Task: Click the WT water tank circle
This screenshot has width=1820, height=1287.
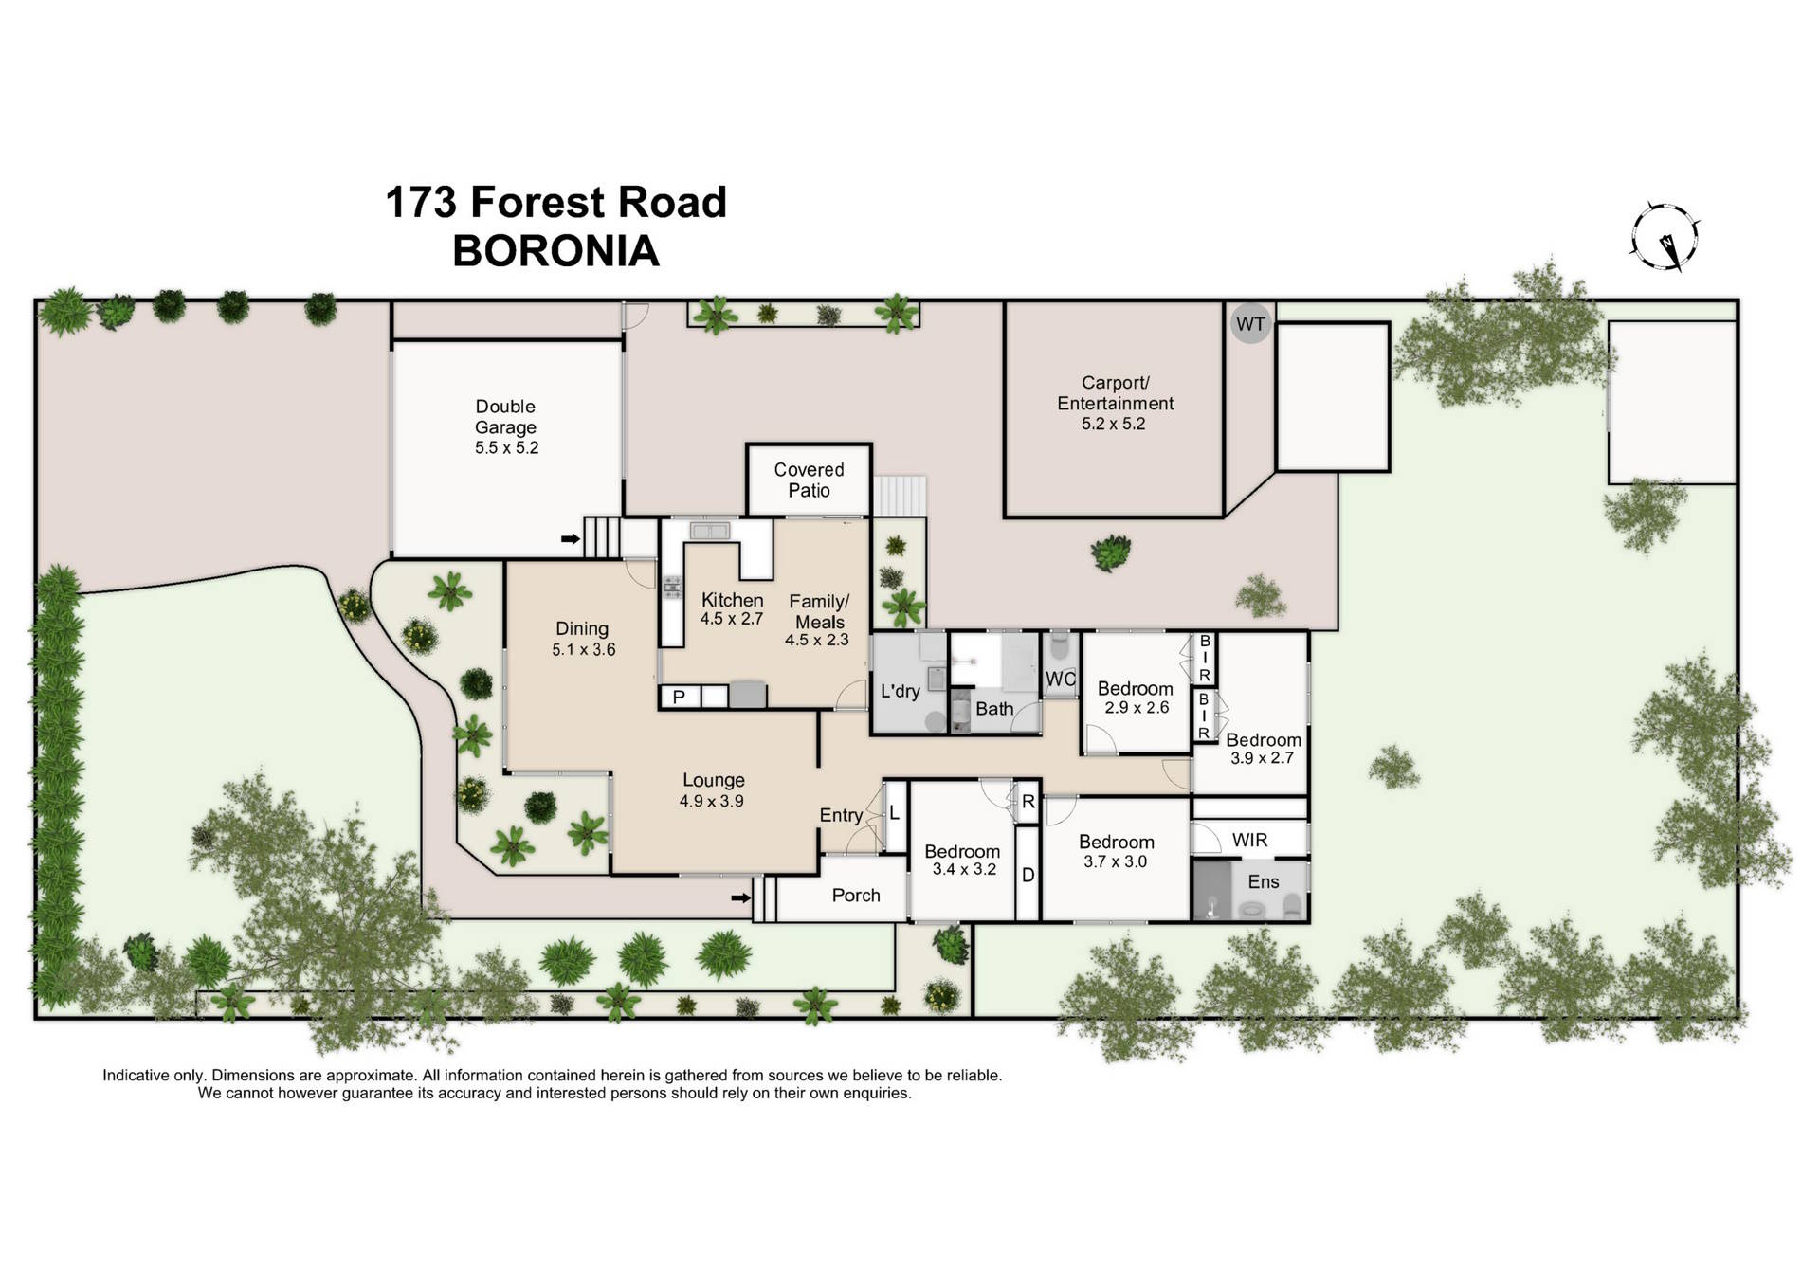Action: coord(1249,324)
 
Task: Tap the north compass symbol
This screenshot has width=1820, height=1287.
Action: coord(1665,237)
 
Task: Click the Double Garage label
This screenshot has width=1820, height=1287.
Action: coord(505,417)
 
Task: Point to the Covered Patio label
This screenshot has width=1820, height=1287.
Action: coord(809,480)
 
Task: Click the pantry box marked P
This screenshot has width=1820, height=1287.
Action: coord(679,698)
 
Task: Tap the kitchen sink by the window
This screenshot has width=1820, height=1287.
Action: coord(709,531)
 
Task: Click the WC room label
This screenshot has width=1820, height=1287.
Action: coord(1061,679)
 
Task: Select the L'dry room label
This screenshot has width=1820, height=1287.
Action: coord(900,691)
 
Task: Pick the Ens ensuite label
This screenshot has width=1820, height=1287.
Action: coord(1263,882)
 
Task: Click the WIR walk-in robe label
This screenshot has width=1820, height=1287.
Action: coord(1249,840)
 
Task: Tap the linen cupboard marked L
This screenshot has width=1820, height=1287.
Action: coord(894,813)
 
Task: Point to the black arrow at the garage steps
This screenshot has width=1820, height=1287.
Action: coord(570,539)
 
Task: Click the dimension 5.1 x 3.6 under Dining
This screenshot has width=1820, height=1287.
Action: coord(583,650)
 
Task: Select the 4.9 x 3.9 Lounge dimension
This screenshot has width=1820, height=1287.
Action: coord(711,802)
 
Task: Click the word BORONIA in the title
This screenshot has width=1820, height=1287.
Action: coord(555,251)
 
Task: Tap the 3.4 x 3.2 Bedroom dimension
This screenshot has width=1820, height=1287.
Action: coord(964,870)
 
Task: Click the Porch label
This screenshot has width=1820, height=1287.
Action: coord(855,896)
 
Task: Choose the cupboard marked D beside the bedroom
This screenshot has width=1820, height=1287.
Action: coord(1028,876)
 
